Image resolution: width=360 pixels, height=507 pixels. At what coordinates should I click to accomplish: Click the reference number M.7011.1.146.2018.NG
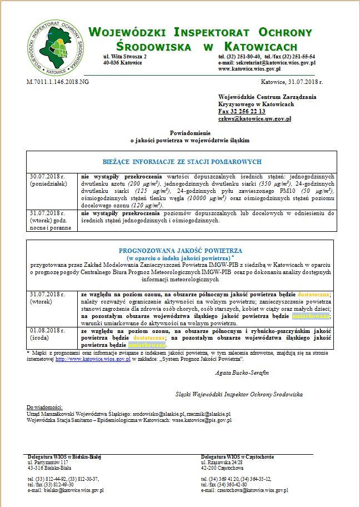pos(58,82)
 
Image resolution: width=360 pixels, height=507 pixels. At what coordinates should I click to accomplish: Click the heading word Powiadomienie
pos(189,133)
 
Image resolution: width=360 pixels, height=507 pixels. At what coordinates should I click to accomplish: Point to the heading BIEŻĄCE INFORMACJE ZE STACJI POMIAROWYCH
pos(182,162)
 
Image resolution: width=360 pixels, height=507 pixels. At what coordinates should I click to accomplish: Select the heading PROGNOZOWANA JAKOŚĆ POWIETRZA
pos(181,251)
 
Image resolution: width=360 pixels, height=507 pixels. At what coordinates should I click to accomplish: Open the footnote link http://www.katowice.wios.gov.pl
pos(93,359)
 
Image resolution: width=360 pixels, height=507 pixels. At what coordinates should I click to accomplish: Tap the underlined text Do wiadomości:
pos(45,407)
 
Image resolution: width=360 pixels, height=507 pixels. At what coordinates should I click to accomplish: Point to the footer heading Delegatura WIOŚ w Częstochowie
pos(237,456)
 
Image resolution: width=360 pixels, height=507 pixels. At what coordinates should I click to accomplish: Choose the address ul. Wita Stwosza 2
pos(125,57)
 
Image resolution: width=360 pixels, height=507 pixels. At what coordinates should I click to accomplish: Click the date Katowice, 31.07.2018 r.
pos(291,82)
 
